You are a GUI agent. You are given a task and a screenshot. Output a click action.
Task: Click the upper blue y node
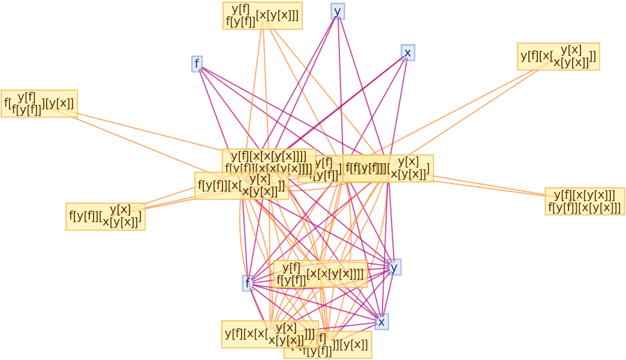point(338,11)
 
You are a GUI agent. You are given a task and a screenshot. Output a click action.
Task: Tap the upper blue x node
point(408,53)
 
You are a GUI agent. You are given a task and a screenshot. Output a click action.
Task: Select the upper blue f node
point(197,64)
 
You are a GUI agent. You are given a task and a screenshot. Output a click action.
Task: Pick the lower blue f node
point(248,283)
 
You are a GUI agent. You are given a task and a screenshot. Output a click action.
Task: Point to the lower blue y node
point(394,267)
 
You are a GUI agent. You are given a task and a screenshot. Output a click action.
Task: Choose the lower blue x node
point(381,322)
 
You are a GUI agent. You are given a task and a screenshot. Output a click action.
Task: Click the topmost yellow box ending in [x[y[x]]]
point(263,15)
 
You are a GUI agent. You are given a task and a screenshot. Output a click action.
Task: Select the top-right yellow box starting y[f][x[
point(558,56)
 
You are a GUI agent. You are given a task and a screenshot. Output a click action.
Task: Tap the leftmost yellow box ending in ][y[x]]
point(39,103)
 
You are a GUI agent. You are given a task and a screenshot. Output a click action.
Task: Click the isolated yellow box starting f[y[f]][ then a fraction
point(106,216)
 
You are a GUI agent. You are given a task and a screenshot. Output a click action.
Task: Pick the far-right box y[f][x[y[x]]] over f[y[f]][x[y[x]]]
point(585,202)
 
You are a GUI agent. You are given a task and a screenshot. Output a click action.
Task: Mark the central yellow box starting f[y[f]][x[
point(241,186)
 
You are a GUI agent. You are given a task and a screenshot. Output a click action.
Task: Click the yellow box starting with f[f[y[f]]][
point(388,169)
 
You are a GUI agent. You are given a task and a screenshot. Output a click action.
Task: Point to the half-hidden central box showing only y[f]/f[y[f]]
point(320,169)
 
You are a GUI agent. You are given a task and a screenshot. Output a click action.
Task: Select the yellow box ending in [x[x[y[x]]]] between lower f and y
point(320,274)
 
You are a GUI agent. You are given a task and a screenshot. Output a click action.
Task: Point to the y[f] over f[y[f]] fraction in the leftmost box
point(26,103)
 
